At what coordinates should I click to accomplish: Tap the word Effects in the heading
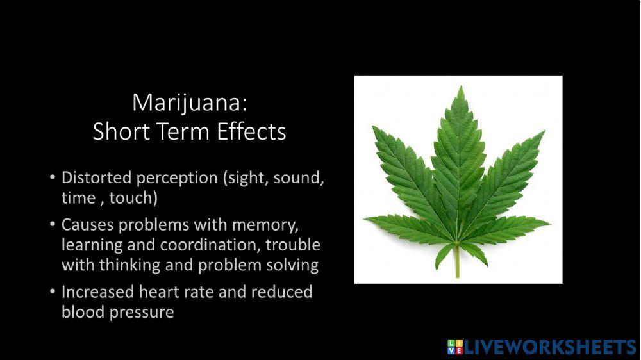point(251,131)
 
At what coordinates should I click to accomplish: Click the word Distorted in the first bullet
point(94,177)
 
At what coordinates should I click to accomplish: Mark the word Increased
point(97,292)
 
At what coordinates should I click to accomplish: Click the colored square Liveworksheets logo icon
point(454,347)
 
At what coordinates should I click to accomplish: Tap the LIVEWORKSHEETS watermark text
point(549,347)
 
